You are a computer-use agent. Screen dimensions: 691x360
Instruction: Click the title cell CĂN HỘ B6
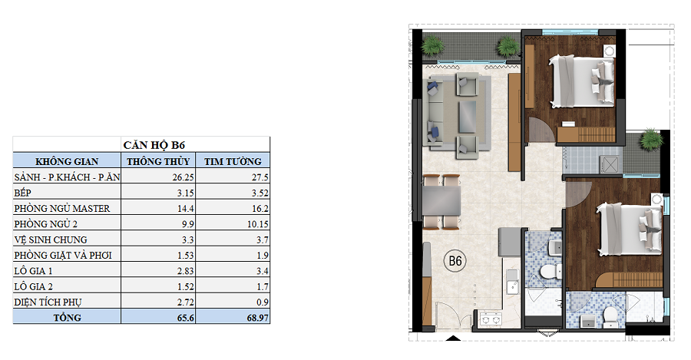(x=154, y=145)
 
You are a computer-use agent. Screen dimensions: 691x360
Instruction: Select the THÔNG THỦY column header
(x=158, y=161)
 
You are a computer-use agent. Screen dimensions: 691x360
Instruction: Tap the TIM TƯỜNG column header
(x=233, y=161)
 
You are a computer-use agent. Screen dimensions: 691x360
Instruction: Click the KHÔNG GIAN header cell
(x=67, y=161)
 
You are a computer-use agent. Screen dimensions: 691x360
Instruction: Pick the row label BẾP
(x=22, y=193)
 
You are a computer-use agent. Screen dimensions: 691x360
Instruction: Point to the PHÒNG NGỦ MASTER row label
(x=61, y=208)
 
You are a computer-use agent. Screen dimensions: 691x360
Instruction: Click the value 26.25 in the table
(x=183, y=177)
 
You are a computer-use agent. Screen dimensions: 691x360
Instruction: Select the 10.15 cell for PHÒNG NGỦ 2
(x=258, y=224)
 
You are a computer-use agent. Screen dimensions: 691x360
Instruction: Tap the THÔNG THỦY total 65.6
(x=185, y=318)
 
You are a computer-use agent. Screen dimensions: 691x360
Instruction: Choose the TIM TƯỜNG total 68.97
(x=258, y=318)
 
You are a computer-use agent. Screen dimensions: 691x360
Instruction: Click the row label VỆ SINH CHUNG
(x=51, y=239)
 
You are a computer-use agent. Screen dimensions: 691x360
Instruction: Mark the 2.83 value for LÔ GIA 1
(x=186, y=271)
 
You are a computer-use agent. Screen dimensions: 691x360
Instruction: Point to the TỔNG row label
(x=67, y=318)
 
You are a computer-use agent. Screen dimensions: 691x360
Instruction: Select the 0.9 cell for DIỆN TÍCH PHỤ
(x=263, y=302)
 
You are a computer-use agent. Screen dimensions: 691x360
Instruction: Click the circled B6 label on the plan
(x=455, y=261)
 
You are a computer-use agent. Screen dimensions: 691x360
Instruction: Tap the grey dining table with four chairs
(x=442, y=202)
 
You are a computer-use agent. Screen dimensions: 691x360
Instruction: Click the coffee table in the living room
(x=467, y=117)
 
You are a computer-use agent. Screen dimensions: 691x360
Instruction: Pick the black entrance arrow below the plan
(x=453, y=339)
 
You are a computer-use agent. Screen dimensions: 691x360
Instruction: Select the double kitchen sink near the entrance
(x=491, y=319)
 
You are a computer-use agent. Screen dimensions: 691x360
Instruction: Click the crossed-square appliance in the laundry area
(x=610, y=164)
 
